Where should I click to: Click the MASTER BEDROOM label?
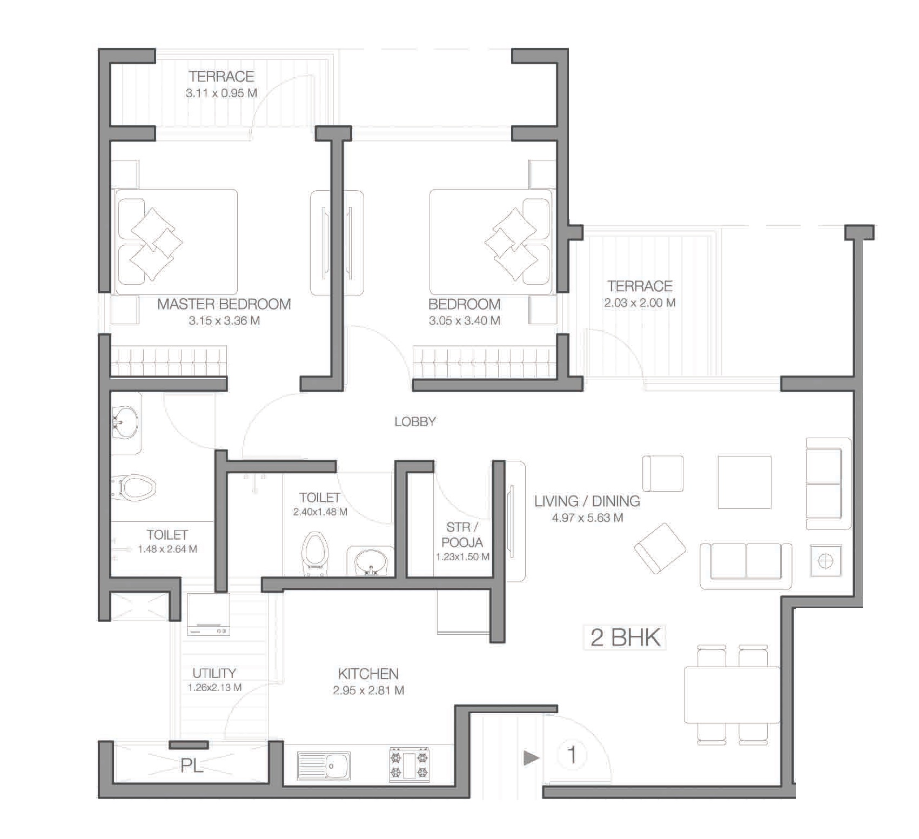coord(224,304)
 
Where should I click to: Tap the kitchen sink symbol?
coord(324,766)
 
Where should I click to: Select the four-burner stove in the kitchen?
coord(409,764)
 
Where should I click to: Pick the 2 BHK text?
coord(625,637)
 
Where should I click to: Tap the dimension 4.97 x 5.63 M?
coord(587,518)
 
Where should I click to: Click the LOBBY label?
coord(415,422)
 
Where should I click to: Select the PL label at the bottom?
coord(192,766)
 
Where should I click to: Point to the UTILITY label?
coord(214,673)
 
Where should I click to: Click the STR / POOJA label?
coord(462,535)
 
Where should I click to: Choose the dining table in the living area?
coord(732,695)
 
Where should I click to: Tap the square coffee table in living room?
coord(744,482)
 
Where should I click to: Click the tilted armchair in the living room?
coord(660,548)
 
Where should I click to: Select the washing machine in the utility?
coord(209,614)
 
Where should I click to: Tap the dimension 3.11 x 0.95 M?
coord(222,93)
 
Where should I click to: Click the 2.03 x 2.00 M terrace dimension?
coord(640,303)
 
